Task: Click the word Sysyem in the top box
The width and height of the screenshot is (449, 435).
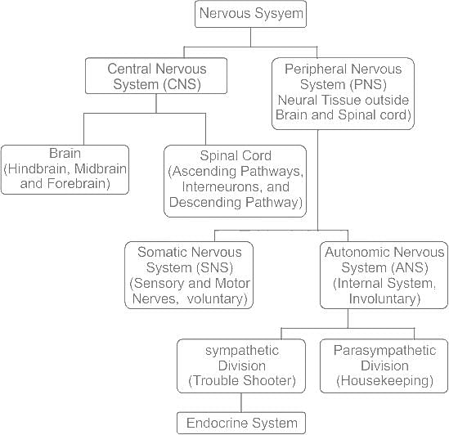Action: coord(276,13)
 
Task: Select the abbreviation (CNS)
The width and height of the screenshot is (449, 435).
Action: coord(182,84)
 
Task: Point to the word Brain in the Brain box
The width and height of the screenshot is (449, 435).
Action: coord(65,153)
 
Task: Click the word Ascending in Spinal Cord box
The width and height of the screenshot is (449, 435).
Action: coord(203,172)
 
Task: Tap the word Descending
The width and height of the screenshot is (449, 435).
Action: coord(205,202)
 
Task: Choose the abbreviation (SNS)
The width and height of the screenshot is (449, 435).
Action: coord(215,267)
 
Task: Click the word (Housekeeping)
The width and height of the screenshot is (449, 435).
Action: coord(384,381)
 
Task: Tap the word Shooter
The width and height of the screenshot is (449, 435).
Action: coord(269,381)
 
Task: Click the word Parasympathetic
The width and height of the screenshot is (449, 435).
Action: coord(384,351)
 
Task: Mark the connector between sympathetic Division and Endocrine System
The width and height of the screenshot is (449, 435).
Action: coord(241,402)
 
